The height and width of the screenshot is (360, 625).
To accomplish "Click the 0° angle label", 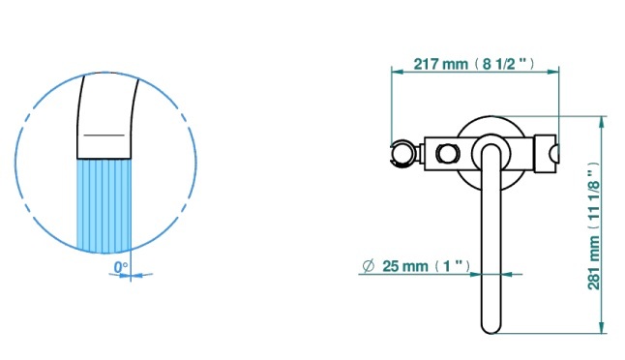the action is tap(121, 267).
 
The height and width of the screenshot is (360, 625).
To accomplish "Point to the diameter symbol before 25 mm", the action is tap(369, 266).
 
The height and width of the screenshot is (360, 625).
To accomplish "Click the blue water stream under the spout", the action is tap(104, 205).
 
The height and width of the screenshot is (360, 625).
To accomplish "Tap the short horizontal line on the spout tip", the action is tap(104, 135).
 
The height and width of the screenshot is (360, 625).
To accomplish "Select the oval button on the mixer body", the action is tap(448, 153).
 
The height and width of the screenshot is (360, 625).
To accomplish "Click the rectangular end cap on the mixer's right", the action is tap(546, 154).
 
